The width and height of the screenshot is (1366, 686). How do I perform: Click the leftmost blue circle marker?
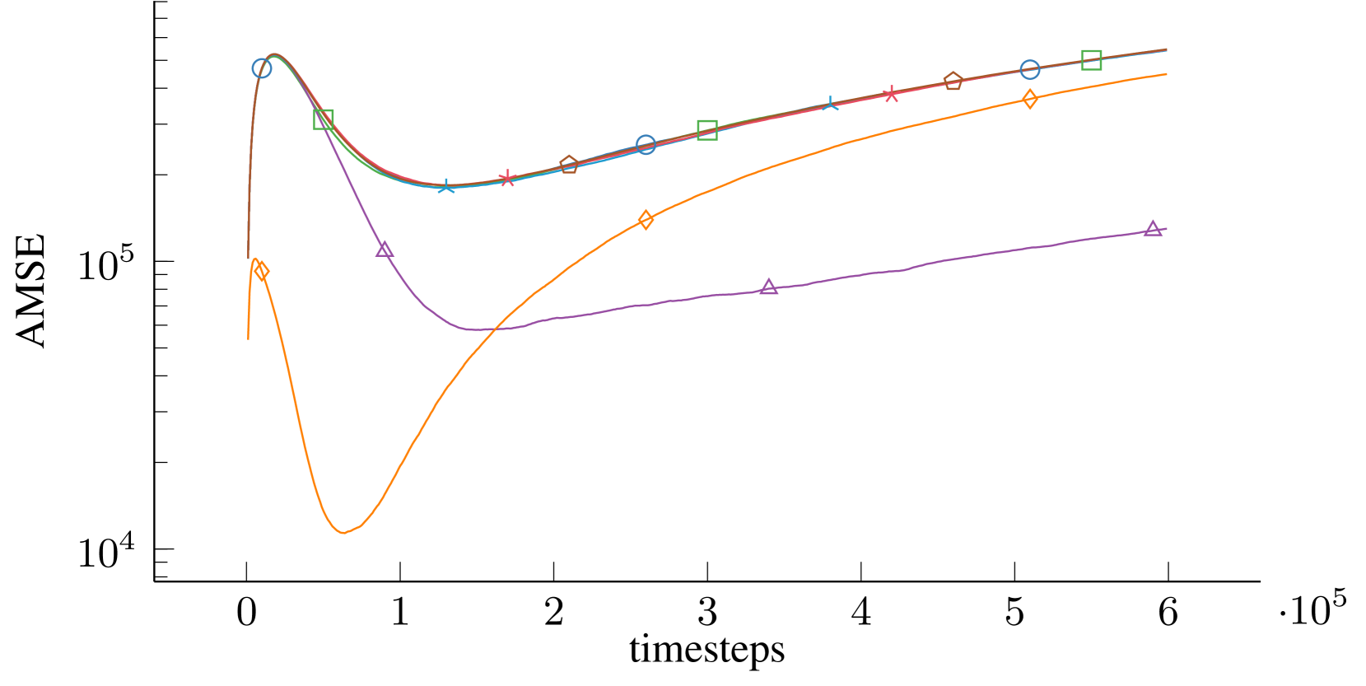262,68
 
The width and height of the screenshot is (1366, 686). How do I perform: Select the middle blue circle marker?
646,145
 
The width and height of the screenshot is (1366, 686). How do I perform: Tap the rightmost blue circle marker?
1029,69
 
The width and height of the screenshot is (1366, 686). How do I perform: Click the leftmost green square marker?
324,119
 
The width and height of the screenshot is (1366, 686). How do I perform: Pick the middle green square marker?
707,129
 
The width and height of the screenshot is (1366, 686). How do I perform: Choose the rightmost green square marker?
1091,59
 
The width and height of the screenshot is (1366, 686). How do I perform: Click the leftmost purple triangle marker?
385,250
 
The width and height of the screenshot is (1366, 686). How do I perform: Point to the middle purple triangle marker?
769,287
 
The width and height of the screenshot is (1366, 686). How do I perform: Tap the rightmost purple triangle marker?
1153,229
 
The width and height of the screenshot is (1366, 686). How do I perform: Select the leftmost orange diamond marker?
262,271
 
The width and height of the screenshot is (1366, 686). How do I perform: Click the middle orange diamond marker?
646,220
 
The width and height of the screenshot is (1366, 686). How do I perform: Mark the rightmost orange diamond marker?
1029,100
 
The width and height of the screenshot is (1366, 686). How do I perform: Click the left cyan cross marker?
445,186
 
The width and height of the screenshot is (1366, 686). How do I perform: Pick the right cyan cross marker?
830,104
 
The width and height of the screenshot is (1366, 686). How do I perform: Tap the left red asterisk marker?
507,178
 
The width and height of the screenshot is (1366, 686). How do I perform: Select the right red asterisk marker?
891,94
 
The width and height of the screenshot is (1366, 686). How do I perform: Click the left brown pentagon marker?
569,165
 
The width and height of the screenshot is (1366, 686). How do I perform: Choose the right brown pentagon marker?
953,81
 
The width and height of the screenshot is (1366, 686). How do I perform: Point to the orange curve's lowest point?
344,533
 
